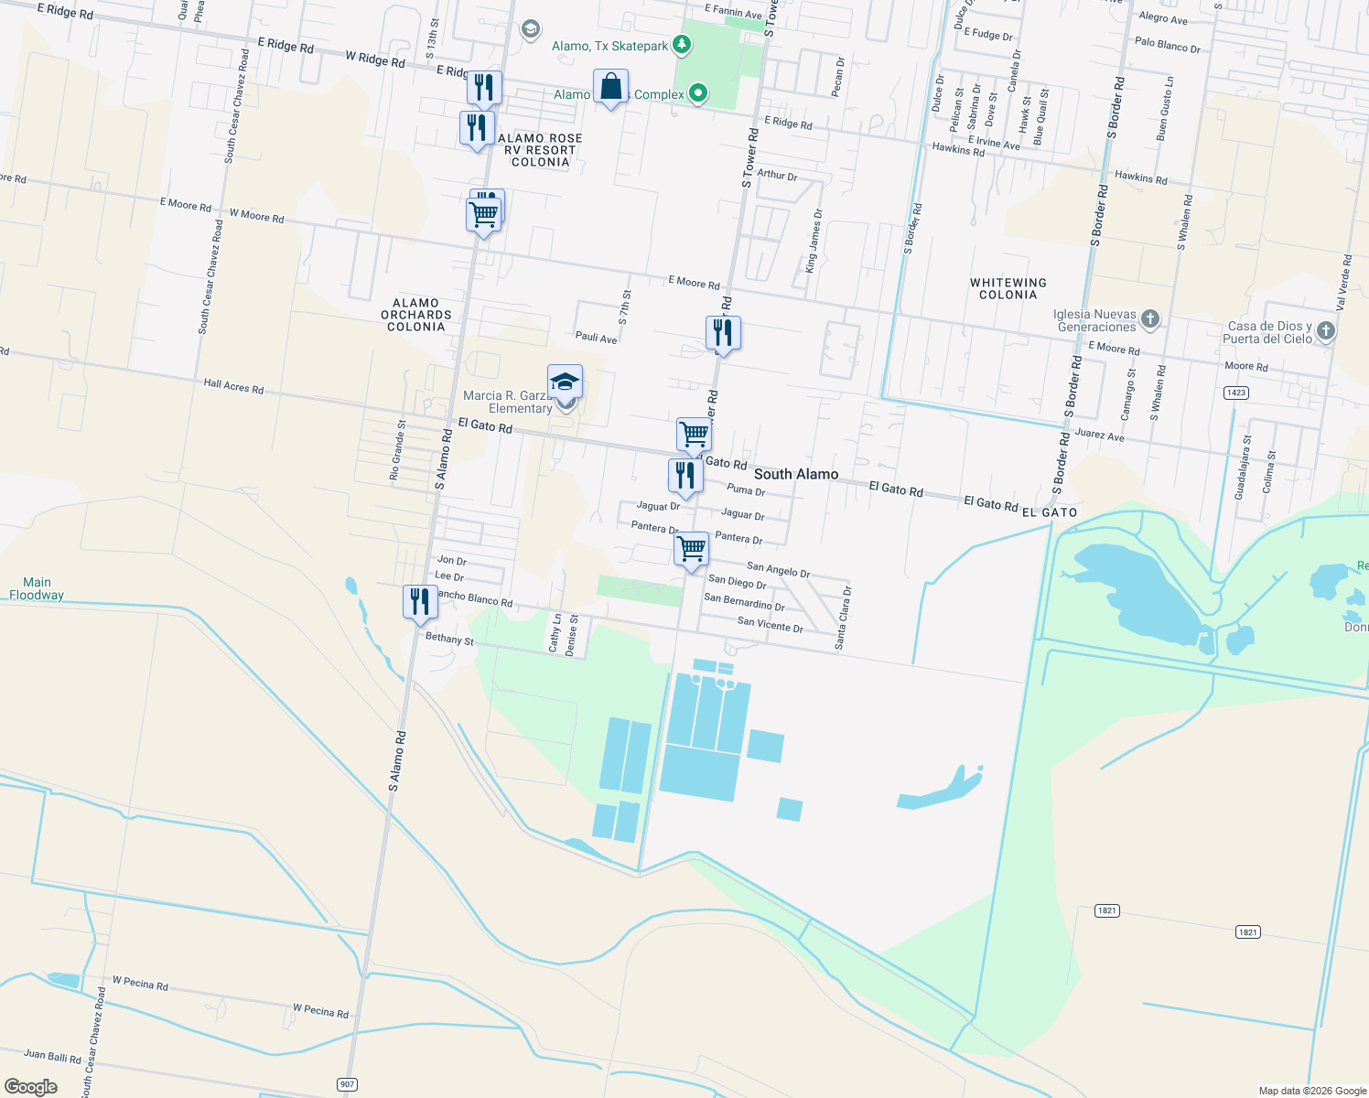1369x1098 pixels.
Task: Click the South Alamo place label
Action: [795, 474]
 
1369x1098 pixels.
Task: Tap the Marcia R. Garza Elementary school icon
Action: [565, 382]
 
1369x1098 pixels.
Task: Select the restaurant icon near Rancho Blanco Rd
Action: [419, 602]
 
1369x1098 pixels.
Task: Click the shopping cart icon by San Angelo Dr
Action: [692, 549]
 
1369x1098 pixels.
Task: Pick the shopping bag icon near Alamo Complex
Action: [610, 87]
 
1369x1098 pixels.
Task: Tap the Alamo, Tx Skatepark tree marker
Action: [681, 44]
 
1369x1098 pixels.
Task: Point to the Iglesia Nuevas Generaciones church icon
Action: [1150, 319]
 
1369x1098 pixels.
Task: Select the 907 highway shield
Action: [347, 1084]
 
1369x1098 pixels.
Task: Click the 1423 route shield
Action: [1235, 393]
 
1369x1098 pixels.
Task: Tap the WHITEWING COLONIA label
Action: [1008, 289]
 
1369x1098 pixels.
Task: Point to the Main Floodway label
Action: [37, 588]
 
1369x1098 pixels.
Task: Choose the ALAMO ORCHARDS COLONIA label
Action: [416, 315]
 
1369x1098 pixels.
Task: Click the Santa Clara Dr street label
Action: [842, 619]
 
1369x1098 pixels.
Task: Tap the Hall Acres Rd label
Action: [233, 387]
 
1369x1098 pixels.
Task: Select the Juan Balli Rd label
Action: [52, 1056]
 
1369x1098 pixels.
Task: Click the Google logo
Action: [31, 1087]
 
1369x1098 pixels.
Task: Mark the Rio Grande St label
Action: [396, 450]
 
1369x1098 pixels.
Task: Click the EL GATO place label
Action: [1049, 512]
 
